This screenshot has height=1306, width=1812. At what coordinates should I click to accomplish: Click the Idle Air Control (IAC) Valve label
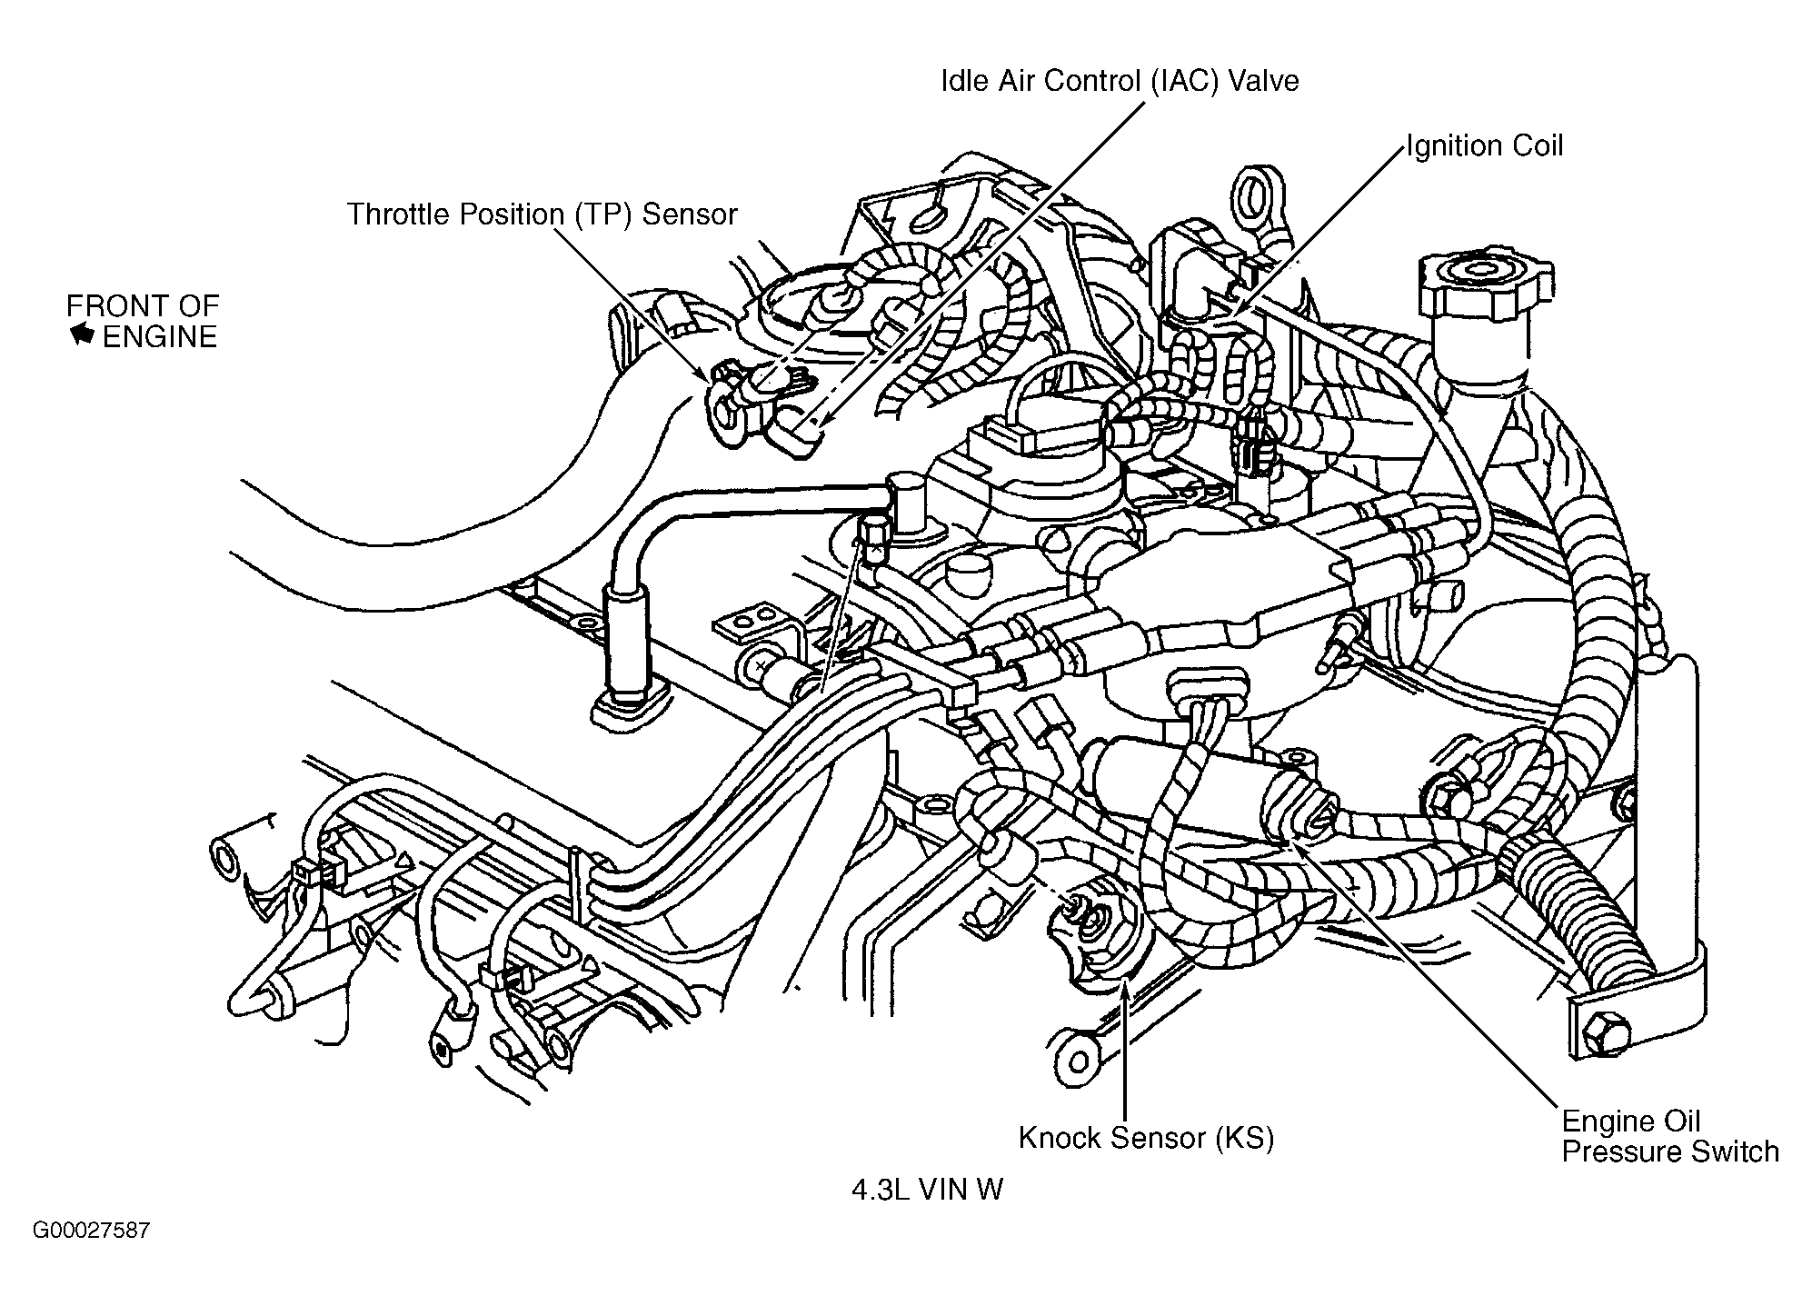click(1120, 81)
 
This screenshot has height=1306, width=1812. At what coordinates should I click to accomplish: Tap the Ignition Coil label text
click(1485, 146)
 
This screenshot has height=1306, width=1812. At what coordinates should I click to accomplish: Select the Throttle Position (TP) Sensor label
click(542, 214)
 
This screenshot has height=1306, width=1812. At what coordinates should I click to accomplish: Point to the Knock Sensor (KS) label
click(1146, 1138)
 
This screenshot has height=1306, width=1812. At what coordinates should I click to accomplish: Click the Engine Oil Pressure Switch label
click(1670, 1136)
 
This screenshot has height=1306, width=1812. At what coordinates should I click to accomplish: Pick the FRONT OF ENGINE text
click(144, 321)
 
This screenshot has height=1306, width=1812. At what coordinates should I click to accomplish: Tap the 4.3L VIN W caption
click(927, 1190)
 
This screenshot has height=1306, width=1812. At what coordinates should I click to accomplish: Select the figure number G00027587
click(91, 1231)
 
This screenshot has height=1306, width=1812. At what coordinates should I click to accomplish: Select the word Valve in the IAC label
click(1263, 81)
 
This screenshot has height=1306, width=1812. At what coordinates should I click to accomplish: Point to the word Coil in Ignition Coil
click(1532, 146)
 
